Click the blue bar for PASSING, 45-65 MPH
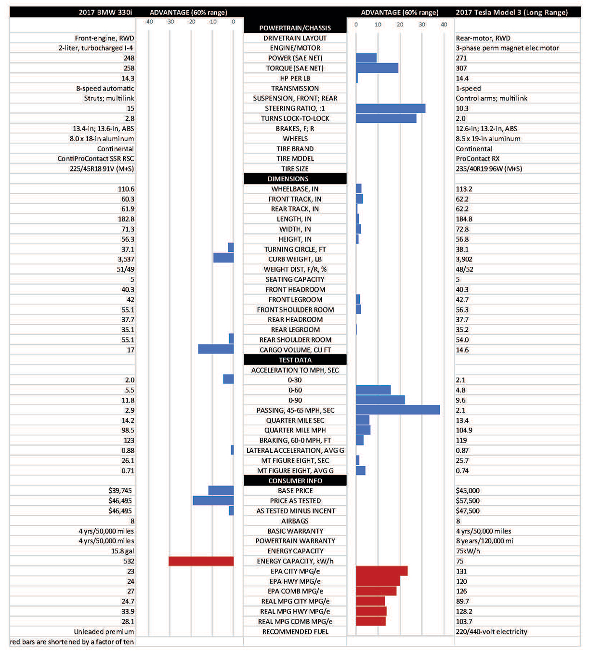tap(398, 410)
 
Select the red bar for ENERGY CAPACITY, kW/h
tap(201, 562)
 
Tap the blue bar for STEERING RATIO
tap(391, 108)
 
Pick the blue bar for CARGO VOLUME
tap(216, 350)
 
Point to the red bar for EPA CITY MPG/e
tap(382, 571)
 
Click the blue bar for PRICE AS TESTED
tap(213, 501)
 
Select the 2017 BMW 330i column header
tap(105, 12)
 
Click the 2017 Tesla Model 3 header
tap(511, 12)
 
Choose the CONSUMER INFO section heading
tap(295, 481)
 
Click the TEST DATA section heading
tap(295, 360)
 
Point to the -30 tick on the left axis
tap(170, 22)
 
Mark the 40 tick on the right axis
tap(444, 25)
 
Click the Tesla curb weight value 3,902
tap(464, 259)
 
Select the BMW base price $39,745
tap(120, 491)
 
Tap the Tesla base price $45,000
tap(468, 491)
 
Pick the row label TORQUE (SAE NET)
tap(295, 68)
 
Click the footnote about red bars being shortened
tap(72, 642)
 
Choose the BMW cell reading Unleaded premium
tap(104, 632)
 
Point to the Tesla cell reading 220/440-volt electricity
tap(491, 632)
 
